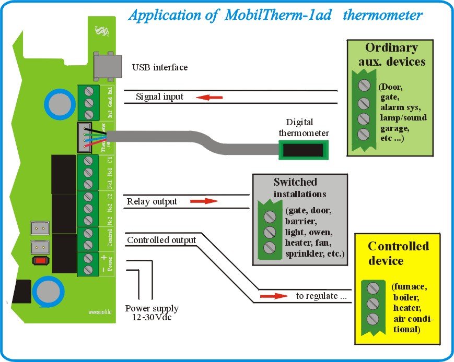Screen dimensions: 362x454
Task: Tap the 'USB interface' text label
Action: coord(159,67)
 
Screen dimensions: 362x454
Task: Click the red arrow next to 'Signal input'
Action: coord(208,97)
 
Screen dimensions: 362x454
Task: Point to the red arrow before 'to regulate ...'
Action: coord(274,296)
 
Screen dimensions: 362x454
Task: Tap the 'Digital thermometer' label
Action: coord(304,128)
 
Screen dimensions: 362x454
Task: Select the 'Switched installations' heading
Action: coord(295,188)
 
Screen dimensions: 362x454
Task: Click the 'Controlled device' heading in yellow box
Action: coord(398,252)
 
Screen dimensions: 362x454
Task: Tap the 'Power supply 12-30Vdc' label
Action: coord(152,312)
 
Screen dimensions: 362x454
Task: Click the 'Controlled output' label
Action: coord(161,240)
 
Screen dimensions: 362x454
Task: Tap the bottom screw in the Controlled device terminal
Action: coord(372,319)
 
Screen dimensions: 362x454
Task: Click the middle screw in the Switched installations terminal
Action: coord(270,232)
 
